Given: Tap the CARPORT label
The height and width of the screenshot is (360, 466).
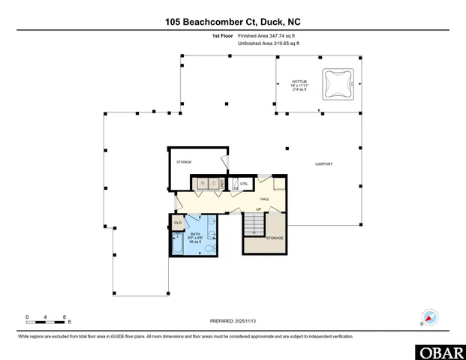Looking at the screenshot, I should click(323, 163).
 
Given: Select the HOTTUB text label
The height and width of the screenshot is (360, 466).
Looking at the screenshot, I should click(299, 81).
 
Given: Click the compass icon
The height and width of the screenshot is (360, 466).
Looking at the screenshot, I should click(430, 317).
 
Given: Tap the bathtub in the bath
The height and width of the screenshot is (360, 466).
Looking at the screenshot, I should click(177, 244).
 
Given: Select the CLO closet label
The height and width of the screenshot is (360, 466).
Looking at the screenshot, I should click(178, 223).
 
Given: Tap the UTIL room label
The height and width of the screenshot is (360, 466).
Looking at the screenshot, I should click(244, 183).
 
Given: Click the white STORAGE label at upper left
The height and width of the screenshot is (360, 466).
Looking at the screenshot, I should click(184, 162).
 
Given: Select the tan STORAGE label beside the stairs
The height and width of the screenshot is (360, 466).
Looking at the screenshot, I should click(275, 238).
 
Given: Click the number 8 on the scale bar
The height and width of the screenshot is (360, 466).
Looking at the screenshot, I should click(65, 317).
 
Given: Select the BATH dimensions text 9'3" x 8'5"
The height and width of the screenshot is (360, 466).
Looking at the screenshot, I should click(195, 238).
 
